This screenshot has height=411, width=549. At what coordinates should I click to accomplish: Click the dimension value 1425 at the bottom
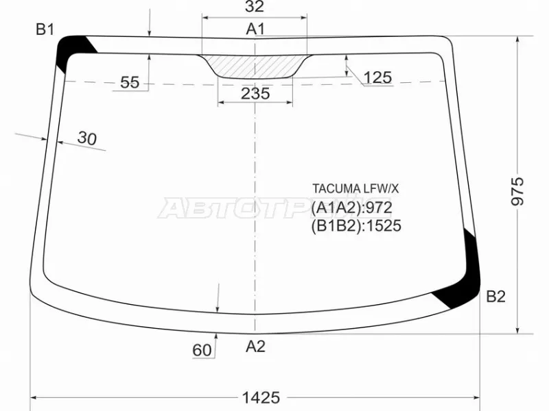tap(261, 397)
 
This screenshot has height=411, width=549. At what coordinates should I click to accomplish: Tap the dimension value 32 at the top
tap(255, 8)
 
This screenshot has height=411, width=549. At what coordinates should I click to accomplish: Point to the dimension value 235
tap(255, 94)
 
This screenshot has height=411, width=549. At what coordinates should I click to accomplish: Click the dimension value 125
tap(377, 77)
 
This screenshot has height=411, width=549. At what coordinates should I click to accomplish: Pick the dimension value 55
tap(130, 83)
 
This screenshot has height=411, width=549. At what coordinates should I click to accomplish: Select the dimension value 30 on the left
tap(87, 138)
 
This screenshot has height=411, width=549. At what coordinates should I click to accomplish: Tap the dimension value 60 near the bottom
tap(202, 351)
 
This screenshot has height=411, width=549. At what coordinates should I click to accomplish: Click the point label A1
tap(255, 29)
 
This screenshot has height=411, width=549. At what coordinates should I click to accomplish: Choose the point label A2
tap(255, 347)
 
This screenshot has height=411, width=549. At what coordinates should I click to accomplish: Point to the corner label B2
tap(495, 297)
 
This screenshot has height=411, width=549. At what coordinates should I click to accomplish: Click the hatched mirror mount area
tap(255, 66)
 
